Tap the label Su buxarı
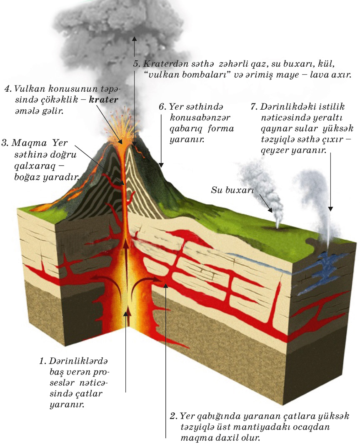[228, 191]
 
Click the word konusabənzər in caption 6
[192, 117]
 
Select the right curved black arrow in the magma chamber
[144, 283]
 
